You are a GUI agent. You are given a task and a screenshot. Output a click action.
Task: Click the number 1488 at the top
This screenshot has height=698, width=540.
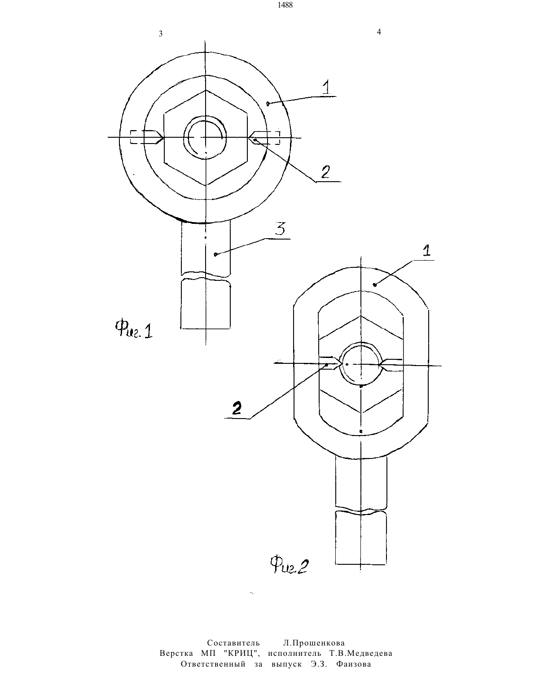tap(285, 5)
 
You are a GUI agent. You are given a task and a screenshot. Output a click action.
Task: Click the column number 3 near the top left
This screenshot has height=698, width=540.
tap(160, 34)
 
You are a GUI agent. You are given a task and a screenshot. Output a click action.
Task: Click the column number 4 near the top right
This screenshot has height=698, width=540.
tap(379, 32)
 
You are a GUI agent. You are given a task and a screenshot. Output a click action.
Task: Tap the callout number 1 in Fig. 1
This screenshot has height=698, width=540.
tap(326, 87)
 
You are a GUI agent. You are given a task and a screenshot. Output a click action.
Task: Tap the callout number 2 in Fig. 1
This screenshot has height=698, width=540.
tap(325, 172)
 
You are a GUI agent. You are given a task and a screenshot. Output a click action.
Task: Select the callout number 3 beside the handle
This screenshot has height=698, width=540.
tap(280, 229)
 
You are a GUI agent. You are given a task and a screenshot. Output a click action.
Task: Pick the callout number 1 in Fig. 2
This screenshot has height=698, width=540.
tap(426, 251)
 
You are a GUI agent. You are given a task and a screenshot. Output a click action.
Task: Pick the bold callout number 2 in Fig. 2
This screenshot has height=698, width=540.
tap(237, 408)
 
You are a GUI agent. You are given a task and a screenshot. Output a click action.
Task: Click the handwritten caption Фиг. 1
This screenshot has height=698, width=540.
tap(134, 330)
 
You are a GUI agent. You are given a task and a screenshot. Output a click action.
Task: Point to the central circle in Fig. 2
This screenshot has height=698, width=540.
tap(361, 364)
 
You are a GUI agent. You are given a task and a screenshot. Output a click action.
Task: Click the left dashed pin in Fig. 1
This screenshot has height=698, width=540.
tap(147, 137)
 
